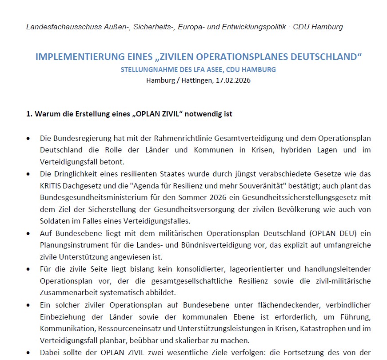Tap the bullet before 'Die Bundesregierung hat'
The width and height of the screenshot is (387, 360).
(29, 139)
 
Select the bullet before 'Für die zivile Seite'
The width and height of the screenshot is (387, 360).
(29, 269)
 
